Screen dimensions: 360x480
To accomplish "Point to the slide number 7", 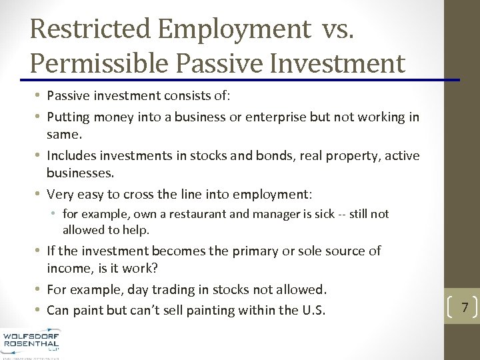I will [465, 307].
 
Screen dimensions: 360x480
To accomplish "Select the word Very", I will [60, 195].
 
